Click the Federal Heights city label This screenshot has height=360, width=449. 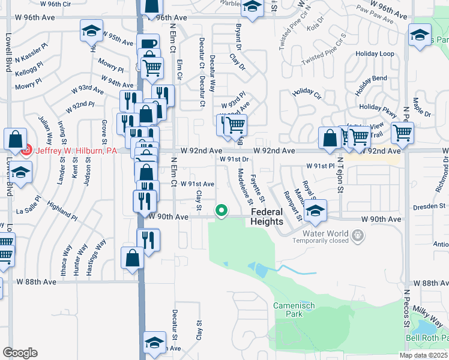[267, 217]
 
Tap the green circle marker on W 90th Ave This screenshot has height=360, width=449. [221, 211]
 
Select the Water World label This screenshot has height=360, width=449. [325, 233]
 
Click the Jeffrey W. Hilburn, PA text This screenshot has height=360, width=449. [76, 151]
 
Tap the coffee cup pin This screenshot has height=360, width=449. [148, 44]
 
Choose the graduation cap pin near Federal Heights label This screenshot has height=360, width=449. [315, 211]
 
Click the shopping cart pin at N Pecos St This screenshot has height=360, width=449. [402, 133]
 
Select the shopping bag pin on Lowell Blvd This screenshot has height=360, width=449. [15, 139]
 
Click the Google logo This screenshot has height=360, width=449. [20, 353]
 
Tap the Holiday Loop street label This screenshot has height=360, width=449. [375, 54]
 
